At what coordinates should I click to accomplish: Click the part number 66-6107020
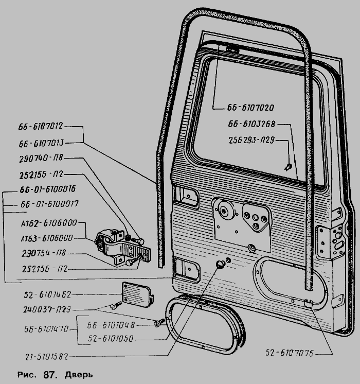pyautogui.click(x=249, y=108)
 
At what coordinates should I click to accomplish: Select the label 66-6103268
pyautogui.click(x=253, y=124)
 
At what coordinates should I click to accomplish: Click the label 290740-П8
pyautogui.click(x=40, y=159)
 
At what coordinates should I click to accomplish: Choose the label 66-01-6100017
pyautogui.click(x=49, y=204)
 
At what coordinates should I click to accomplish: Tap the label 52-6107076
pyautogui.click(x=290, y=354)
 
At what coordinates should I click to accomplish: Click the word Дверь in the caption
pyautogui.click(x=79, y=374)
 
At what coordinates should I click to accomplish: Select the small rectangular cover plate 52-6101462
pyautogui.click(x=137, y=294)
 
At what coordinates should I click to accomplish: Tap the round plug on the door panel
pyautogui.click(x=221, y=265)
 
